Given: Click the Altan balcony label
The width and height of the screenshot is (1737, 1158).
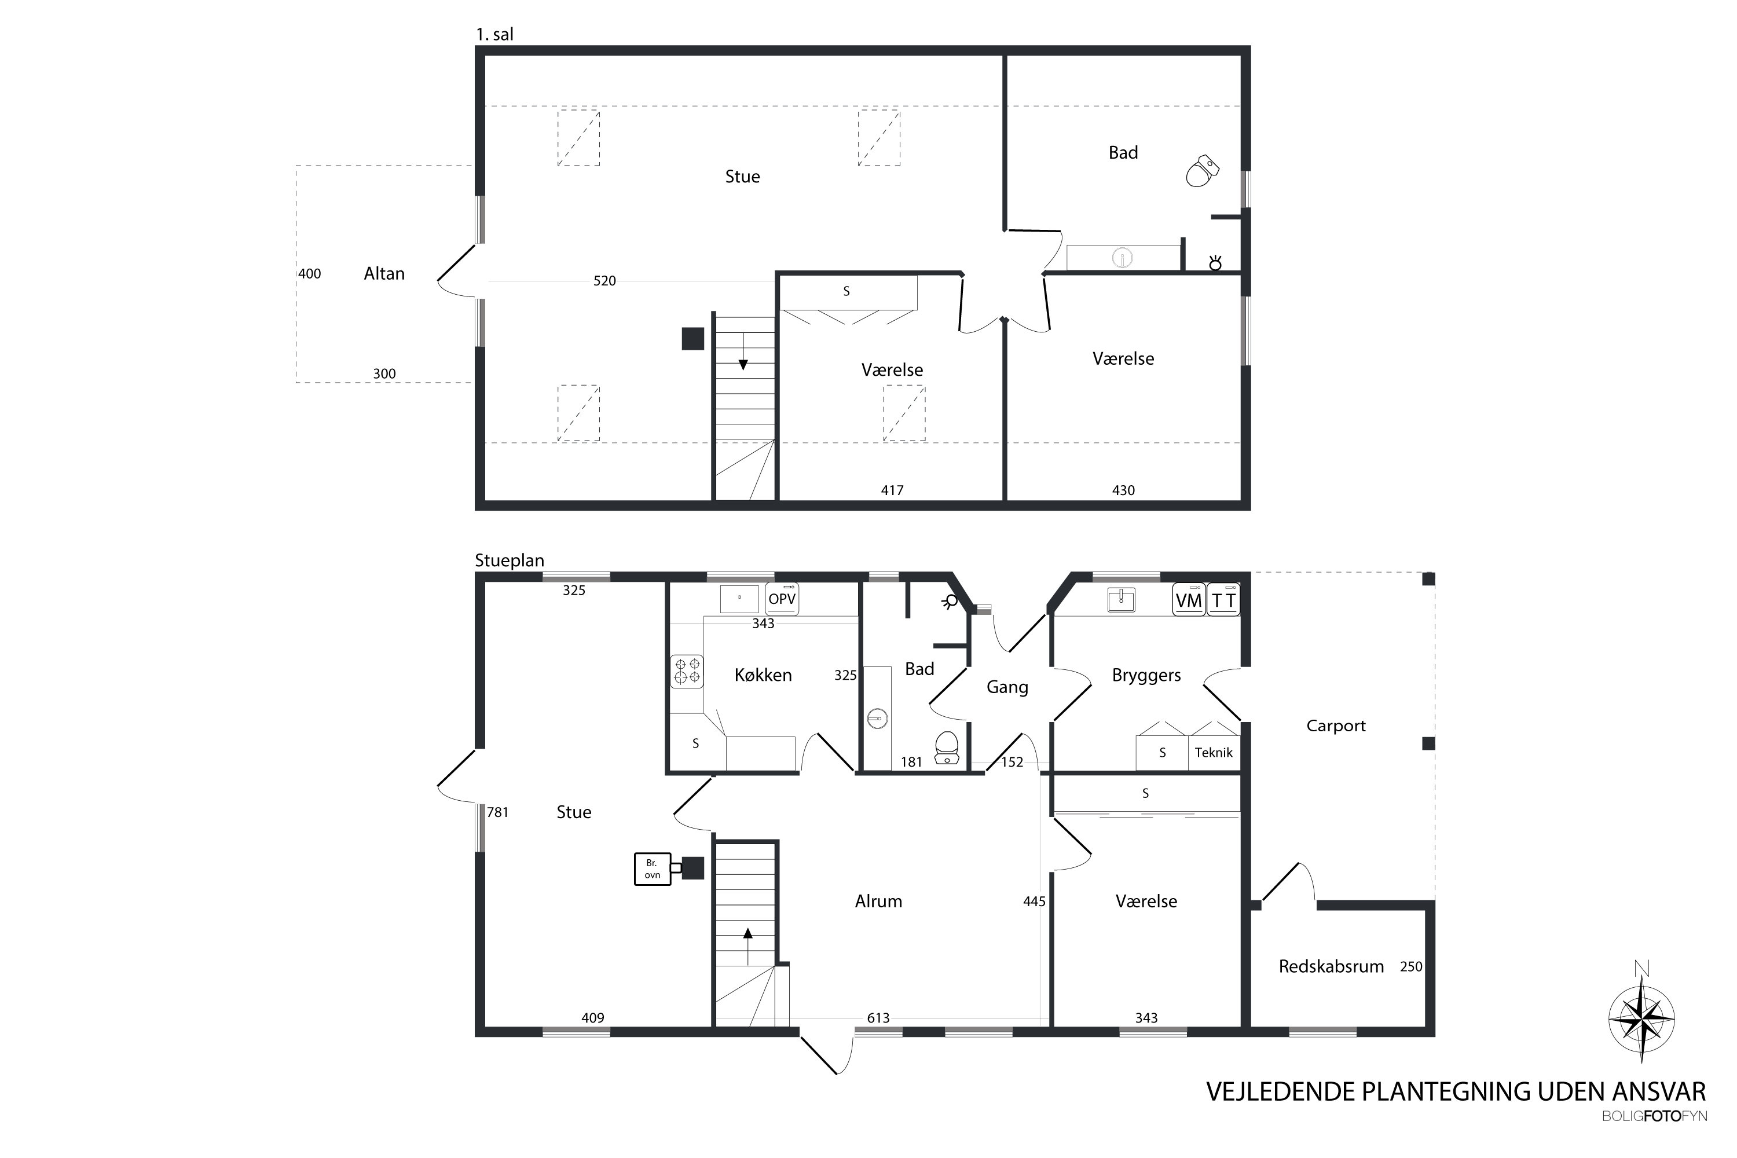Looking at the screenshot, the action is [384, 273].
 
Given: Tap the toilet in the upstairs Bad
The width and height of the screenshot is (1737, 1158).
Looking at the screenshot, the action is [1203, 171].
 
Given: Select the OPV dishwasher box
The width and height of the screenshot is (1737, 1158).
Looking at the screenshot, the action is [782, 599].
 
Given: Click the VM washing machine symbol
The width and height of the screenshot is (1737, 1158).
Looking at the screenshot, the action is [1189, 600].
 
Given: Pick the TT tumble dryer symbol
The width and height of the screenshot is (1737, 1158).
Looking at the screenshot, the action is [1224, 600].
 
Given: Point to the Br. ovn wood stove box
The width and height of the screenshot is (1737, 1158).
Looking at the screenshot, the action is [652, 869].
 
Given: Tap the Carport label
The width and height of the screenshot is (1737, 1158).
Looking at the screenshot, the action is [1336, 726].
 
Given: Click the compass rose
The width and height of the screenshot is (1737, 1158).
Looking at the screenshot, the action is [1641, 1020].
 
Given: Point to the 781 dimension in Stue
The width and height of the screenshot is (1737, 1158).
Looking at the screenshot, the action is [498, 812].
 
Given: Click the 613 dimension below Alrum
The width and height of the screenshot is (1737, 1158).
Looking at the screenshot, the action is [878, 1018].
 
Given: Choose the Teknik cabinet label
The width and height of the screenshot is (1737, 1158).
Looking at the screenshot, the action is [1214, 753].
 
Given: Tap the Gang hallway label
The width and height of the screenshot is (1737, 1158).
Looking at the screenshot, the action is [1007, 688].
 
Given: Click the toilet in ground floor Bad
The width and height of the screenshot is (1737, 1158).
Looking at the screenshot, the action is [947, 748].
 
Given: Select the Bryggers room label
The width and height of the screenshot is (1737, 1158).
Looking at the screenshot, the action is [1146, 675].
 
